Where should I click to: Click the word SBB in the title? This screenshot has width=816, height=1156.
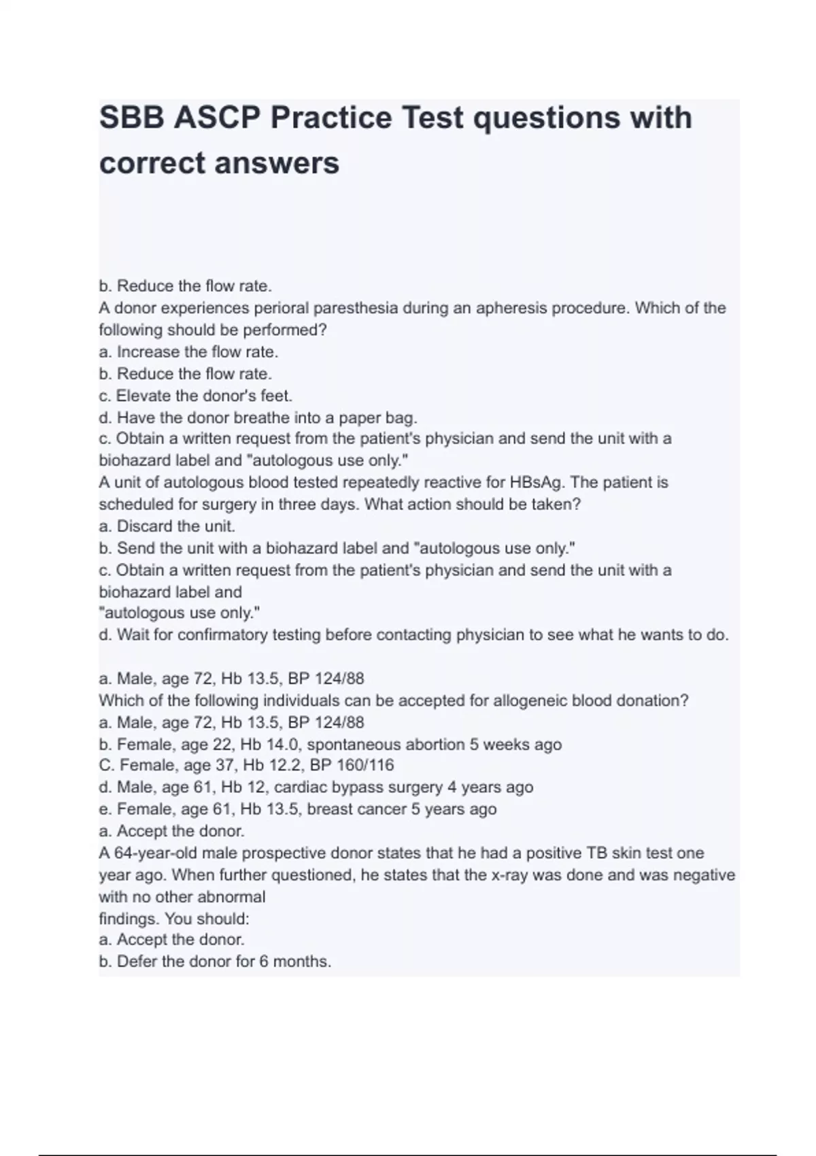(132, 118)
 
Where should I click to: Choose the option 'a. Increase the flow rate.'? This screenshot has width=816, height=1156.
(188, 352)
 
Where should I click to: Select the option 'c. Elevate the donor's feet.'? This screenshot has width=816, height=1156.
(195, 396)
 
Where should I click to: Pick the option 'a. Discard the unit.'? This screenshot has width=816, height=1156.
(167, 526)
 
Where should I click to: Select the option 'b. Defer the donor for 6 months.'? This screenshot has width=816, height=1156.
(215, 962)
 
